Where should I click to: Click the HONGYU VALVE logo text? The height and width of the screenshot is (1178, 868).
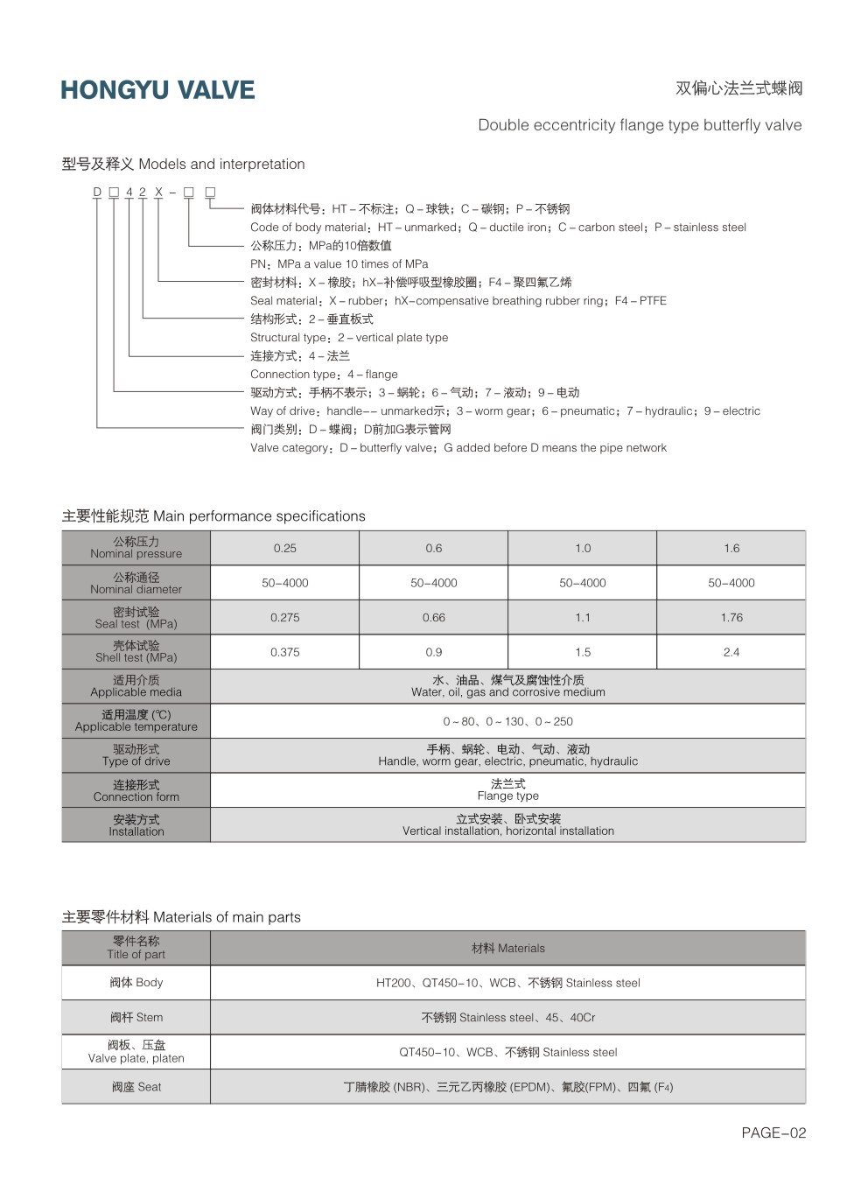click(157, 90)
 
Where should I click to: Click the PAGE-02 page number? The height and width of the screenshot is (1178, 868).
click(773, 1132)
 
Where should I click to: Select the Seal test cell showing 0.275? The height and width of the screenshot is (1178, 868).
click(285, 617)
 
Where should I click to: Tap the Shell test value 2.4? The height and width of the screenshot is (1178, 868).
click(731, 652)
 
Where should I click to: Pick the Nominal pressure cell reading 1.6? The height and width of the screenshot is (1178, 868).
click(731, 548)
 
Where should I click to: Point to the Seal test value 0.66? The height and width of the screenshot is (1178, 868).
click(434, 617)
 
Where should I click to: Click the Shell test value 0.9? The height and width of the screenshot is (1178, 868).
click(434, 652)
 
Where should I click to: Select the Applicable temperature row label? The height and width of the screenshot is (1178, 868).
click(136, 720)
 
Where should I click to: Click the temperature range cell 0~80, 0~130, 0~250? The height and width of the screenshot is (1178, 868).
click(507, 721)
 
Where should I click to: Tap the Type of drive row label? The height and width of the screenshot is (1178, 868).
click(136, 755)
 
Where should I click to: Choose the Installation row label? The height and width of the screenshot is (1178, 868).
click(136, 825)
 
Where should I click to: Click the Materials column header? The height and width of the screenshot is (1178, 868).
click(507, 948)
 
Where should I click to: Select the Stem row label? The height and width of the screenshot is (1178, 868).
click(136, 1017)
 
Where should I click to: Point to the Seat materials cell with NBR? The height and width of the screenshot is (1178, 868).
click(507, 1087)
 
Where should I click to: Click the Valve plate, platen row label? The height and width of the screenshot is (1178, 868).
click(136, 1051)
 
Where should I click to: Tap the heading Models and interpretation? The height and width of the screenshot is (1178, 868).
click(184, 164)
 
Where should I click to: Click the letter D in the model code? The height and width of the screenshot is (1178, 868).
click(97, 192)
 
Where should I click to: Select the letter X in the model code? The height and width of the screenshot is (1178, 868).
click(158, 192)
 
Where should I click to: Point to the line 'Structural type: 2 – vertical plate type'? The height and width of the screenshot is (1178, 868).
click(349, 337)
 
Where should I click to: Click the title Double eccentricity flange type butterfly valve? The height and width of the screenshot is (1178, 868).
click(640, 125)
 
